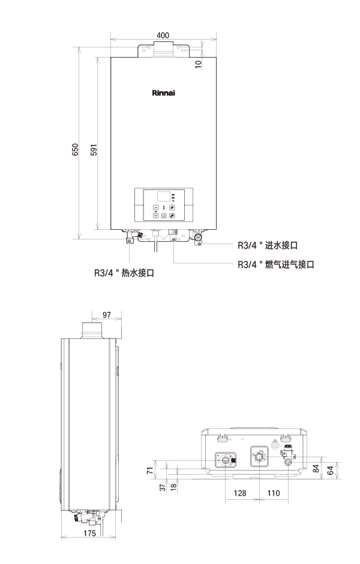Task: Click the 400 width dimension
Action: click(x=163, y=35)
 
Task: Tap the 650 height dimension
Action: click(x=75, y=149)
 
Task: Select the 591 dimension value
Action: click(x=94, y=149)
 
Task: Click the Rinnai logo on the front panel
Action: click(x=163, y=93)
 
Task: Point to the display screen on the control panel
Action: click(x=164, y=196)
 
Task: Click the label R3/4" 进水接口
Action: click(x=268, y=245)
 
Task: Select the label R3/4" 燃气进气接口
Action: click(x=276, y=265)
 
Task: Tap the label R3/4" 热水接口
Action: click(x=124, y=273)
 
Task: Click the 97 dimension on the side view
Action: click(x=107, y=315)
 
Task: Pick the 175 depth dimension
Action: click(x=89, y=533)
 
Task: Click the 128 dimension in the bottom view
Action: click(x=240, y=493)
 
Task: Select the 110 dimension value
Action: click(x=274, y=493)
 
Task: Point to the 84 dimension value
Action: click(x=316, y=469)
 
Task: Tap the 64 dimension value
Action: click(x=330, y=470)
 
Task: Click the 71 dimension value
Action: click(x=150, y=470)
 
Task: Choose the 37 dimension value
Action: click(x=163, y=487)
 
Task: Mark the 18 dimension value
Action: click(x=173, y=487)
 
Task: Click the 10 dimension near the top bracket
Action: click(x=198, y=64)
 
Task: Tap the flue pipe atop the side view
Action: click(x=92, y=330)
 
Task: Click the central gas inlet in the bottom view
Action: click(x=259, y=457)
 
